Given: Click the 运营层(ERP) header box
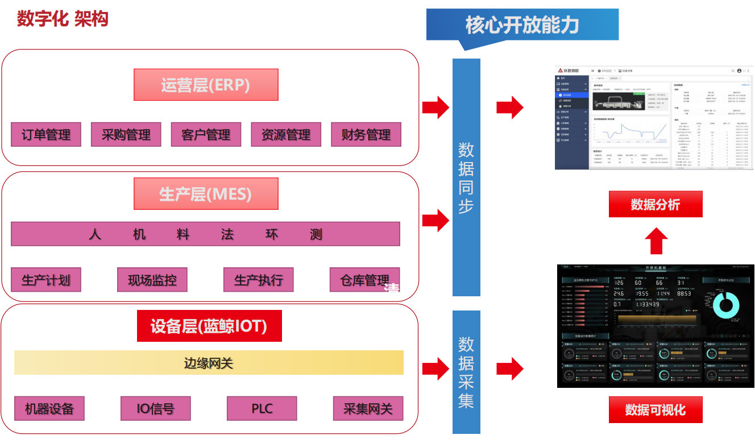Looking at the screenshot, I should point(206,85).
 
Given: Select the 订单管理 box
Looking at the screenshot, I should point(46,135).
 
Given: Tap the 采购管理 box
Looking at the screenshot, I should point(126,135).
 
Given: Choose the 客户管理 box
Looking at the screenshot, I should point(206,135).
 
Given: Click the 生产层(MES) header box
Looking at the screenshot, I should point(206,194).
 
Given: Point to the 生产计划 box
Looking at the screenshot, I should point(46,280).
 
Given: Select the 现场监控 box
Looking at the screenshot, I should point(152,280).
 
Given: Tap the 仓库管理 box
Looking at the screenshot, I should point(365,280).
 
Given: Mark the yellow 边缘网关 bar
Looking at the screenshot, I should point(209,363).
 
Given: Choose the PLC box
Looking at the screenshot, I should point(262,408).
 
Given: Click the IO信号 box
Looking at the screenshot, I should point(156,408).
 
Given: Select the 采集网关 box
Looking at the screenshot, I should point(368,408).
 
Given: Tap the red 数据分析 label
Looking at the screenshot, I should point(656,204).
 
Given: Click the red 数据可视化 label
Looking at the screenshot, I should point(656,409).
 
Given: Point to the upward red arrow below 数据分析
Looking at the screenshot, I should point(657,241).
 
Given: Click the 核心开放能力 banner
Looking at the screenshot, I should point(522,25).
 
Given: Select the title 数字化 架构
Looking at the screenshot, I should point(63,19).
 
